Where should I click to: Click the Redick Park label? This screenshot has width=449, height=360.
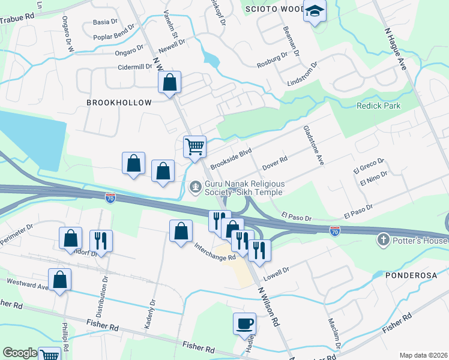[378, 106]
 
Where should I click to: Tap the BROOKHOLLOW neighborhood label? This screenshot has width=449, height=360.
[119, 103]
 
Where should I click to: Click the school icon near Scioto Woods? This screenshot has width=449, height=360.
[314, 11]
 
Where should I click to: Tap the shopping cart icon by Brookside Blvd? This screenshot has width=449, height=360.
[194, 146]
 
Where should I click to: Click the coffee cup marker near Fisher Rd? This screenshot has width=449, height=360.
[244, 324]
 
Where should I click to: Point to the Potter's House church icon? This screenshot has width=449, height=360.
[383, 241]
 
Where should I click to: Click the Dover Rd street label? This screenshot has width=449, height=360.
[276, 161]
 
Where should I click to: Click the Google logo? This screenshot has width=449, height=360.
[20, 353]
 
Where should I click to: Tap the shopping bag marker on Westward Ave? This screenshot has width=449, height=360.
[60, 279]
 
